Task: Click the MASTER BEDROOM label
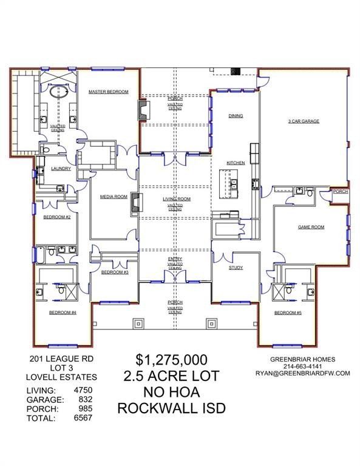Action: pyautogui.click(x=108, y=92)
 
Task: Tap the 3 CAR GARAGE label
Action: pyautogui.click(x=303, y=121)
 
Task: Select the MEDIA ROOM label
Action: pyautogui.click(x=114, y=197)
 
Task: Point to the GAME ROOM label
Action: pyautogui.click(x=310, y=227)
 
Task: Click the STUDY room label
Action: pyautogui.click(x=236, y=268)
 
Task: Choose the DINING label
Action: pyautogui.click(x=236, y=115)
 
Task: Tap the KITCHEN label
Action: pyautogui.click(x=236, y=163)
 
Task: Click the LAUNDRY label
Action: pyautogui.click(x=61, y=169)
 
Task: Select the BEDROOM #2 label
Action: pyautogui.click(x=60, y=217)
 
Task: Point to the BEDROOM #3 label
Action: pyautogui.click(x=114, y=272)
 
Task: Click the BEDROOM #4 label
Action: pyautogui.click(x=62, y=312)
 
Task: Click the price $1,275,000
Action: pyautogui.click(x=171, y=359)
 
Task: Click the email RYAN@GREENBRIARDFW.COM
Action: pyautogui.click(x=302, y=374)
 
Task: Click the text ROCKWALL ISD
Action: pyautogui.click(x=171, y=408)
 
